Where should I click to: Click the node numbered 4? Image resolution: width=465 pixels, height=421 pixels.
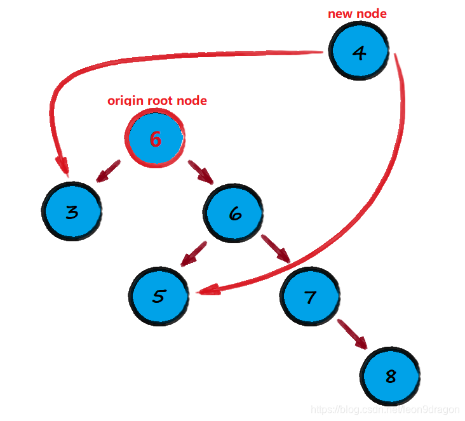359,53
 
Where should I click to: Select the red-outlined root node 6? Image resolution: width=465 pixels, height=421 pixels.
156,138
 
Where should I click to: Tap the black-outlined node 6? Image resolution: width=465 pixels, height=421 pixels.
234,214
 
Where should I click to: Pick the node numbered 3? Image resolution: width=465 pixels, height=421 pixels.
72,212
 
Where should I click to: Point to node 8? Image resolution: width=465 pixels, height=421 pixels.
391,376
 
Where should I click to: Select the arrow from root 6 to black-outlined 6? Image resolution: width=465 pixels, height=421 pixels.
201,172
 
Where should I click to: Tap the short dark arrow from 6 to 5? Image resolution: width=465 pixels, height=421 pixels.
193,254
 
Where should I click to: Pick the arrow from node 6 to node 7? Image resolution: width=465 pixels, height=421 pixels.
275,249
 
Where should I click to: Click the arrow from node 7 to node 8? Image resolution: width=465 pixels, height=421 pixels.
352,334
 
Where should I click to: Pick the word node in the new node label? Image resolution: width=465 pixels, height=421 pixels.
372,13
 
